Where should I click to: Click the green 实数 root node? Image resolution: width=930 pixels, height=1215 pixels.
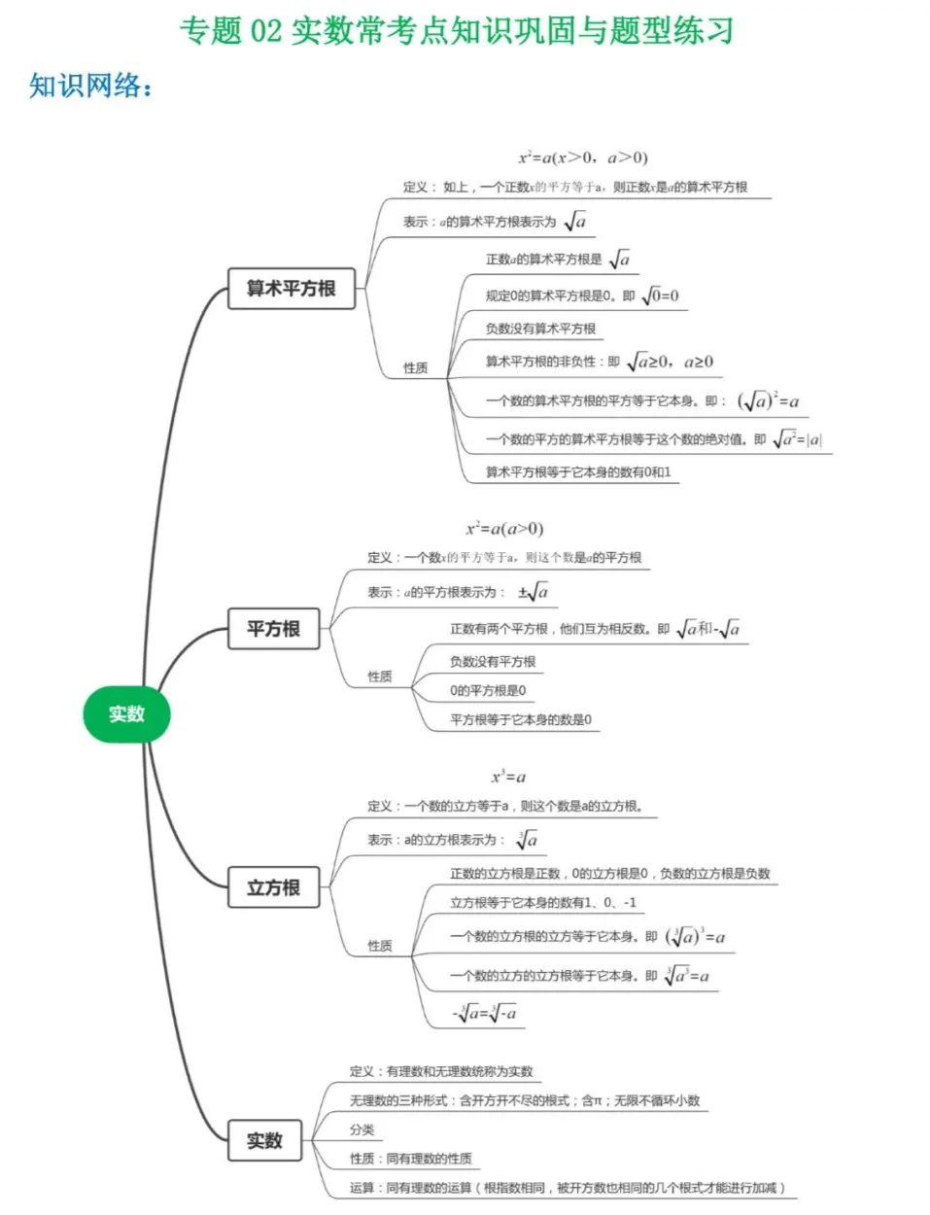[x=126, y=714]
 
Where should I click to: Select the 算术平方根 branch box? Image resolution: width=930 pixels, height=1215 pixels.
[x=292, y=289]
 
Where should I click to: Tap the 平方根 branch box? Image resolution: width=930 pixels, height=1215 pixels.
[x=273, y=629]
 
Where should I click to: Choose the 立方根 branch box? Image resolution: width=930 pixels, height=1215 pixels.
[x=273, y=887]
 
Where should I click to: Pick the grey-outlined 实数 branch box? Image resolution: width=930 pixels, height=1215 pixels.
[x=264, y=1140]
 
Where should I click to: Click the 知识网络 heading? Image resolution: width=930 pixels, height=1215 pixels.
[x=90, y=86]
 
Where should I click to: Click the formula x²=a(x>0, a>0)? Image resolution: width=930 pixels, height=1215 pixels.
[x=582, y=157]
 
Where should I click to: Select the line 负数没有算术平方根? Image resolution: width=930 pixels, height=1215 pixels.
[x=540, y=329]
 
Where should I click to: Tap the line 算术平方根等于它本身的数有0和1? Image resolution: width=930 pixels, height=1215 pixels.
[x=578, y=472]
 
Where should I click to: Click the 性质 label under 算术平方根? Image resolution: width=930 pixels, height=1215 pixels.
[x=415, y=368]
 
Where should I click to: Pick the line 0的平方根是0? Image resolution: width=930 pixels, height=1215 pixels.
[x=488, y=691]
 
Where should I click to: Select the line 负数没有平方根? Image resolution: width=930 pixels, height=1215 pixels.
[x=493, y=662]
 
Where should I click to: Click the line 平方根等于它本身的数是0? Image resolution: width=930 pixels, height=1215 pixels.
[x=520, y=720]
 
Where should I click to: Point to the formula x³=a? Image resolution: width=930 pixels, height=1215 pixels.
[x=508, y=777]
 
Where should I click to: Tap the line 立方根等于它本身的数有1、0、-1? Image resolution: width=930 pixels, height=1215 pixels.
[x=543, y=903]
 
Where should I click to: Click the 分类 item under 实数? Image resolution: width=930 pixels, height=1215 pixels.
[x=362, y=1129]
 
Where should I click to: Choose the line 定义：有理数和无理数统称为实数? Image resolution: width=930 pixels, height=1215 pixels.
[x=441, y=1071]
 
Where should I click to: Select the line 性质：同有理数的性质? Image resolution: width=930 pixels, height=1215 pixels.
[x=411, y=1159]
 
